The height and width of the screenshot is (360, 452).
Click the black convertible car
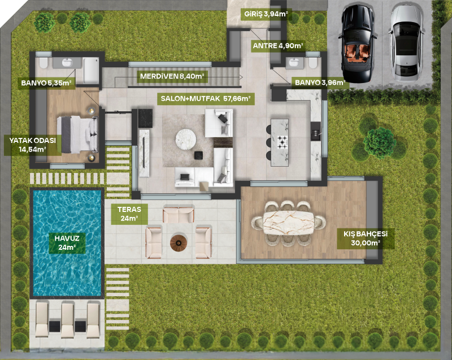click(x=358, y=44)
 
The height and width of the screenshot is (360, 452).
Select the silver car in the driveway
click(x=406, y=44)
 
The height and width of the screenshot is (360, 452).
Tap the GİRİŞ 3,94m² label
click(x=266, y=14)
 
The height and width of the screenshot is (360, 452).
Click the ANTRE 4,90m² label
click(x=278, y=46)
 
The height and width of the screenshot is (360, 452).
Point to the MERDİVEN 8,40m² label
click(x=172, y=76)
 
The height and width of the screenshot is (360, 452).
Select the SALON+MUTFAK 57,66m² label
click(x=206, y=98)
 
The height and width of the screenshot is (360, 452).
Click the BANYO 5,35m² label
click(x=46, y=83)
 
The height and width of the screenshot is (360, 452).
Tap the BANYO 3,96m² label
click(x=320, y=83)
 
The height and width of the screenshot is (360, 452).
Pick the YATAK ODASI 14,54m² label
click(x=33, y=145)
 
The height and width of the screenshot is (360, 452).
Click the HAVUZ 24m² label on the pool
click(x=67, y=243)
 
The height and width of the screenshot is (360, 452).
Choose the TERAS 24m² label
click(x=129, y=214)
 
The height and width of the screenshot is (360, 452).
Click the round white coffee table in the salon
click(x=186, y=139)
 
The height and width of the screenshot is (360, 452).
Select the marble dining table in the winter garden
click(x=288, y=223)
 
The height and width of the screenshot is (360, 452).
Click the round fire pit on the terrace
click(x=179, y=243)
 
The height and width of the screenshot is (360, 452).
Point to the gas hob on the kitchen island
click(x=282, y=142)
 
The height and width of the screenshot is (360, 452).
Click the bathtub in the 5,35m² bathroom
click(x=91, y=70)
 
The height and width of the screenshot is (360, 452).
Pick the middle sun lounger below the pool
click(x=67, y=320)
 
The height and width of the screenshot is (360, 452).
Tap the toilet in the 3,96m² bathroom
click(x=313, y=63)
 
